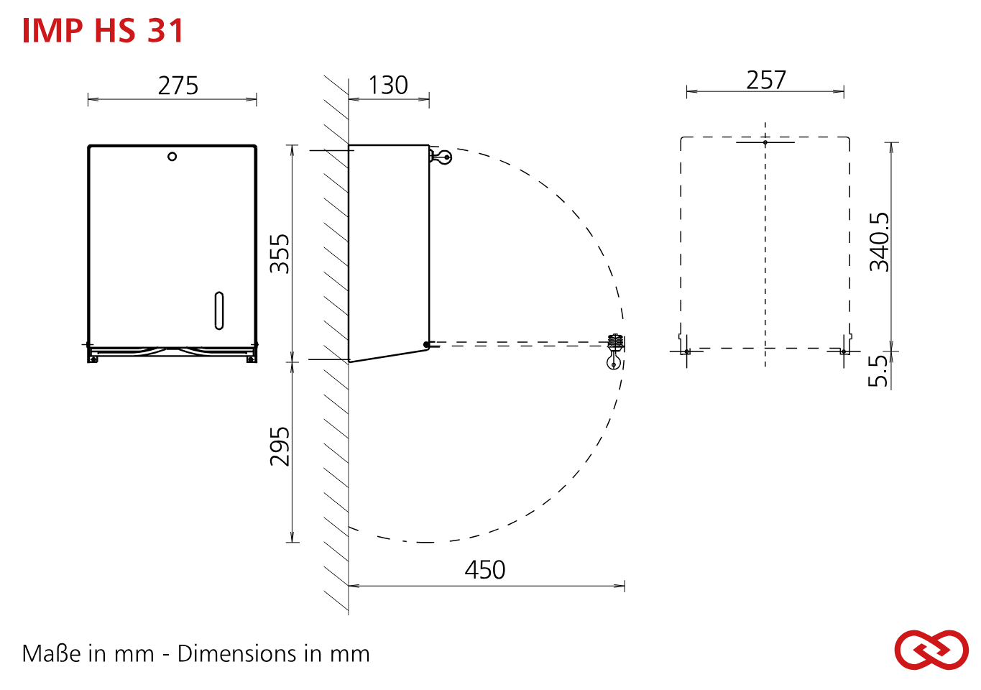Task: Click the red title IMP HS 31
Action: (103, 31)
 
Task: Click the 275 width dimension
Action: (178, 86)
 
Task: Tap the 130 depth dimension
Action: (389, 85)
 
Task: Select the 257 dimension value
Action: (766, 80)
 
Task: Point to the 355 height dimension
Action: (280, 254)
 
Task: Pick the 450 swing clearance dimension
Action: (485, 570)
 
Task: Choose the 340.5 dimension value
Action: (879, 241)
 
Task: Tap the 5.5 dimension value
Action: (878, 371)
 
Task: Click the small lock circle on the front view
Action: (172, 157)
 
